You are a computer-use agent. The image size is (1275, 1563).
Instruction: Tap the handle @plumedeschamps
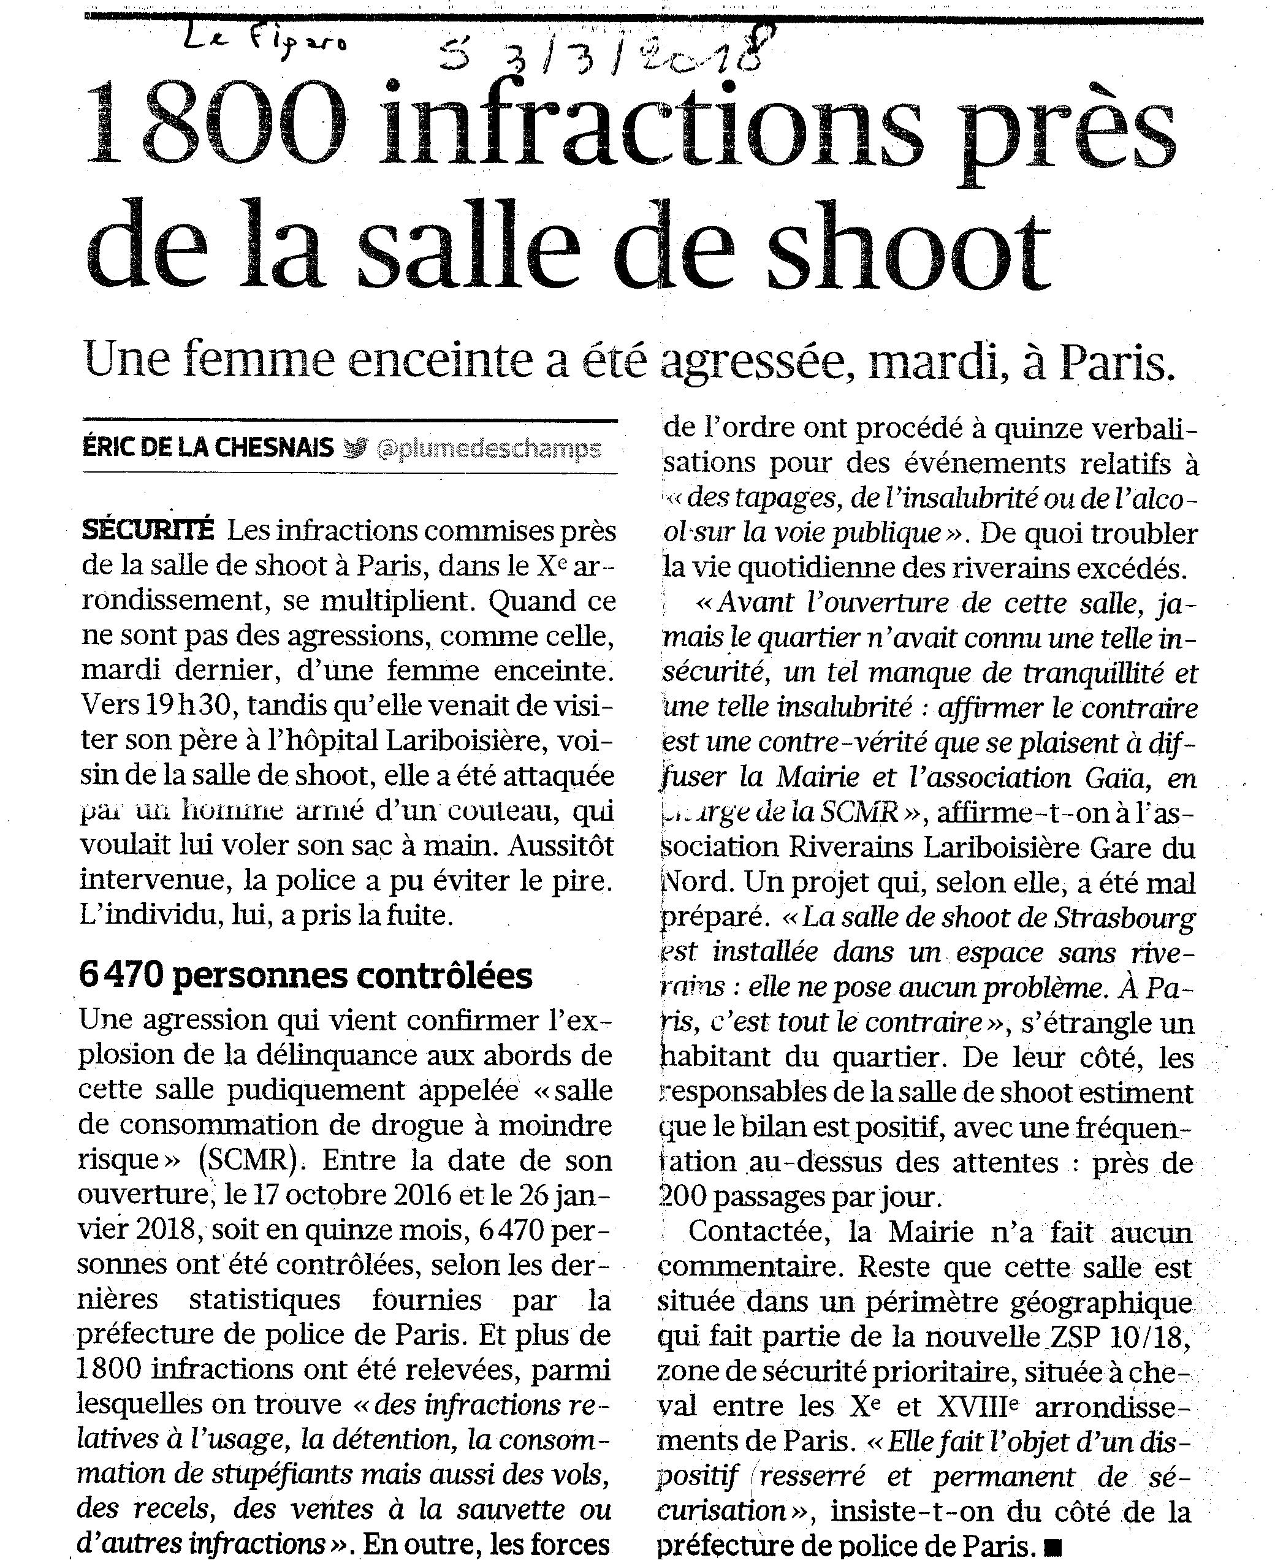[488, 448]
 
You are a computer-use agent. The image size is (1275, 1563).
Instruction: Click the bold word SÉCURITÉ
[148, 530]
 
